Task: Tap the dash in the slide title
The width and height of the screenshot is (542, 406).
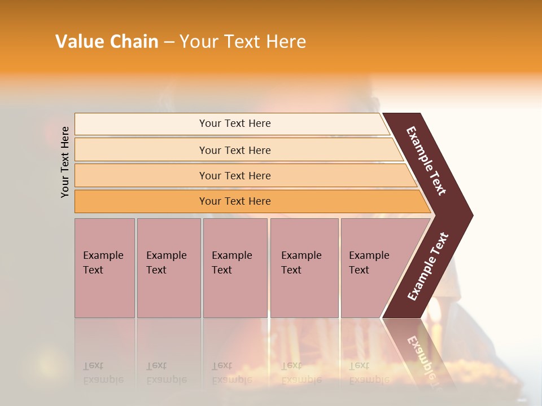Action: tap(169, 42)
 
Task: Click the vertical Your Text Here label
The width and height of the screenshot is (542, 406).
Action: tap(65, 162)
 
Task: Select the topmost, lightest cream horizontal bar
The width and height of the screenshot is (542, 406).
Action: tap(234, 123)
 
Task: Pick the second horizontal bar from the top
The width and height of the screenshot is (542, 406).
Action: tap(234, 150)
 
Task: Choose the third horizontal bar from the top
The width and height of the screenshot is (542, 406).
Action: tap(234, 175)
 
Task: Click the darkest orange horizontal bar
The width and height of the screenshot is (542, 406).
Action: tap(234, 201)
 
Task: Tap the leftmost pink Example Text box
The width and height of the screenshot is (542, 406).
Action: tap(104, 267)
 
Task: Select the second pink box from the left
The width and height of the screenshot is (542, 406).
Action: tap(169, 267)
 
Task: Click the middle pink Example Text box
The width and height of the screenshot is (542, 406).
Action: tap(235, 267)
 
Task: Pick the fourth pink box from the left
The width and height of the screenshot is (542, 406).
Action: tap(304, 267)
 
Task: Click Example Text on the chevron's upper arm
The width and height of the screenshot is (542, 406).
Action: tap(426, 161)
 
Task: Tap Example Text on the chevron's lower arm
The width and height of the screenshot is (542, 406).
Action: tap(428, 266)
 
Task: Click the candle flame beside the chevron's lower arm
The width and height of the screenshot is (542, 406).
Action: tap(436, 309)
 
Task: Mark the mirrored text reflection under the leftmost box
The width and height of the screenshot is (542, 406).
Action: tap(103, 373)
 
